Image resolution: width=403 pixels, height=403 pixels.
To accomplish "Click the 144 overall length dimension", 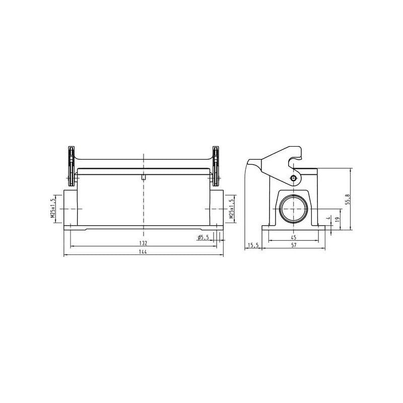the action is coord(143,251).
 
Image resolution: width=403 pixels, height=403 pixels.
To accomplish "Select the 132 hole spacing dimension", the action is coord(143,243).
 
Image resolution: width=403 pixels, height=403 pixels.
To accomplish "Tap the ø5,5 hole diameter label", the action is coord(204,237).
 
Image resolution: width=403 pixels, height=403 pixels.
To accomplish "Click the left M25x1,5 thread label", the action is coord(53,209).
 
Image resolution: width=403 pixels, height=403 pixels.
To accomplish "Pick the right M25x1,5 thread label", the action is coord(232,209).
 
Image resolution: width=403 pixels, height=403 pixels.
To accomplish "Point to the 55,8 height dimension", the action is coord(348,199).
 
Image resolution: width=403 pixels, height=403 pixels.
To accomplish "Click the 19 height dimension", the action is coord(338,219).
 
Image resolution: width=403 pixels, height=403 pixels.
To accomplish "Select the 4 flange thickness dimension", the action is coord(328,218).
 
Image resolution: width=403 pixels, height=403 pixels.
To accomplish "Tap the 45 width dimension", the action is coord(294,237).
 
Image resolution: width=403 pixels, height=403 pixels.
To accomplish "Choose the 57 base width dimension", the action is coord(294,245).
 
